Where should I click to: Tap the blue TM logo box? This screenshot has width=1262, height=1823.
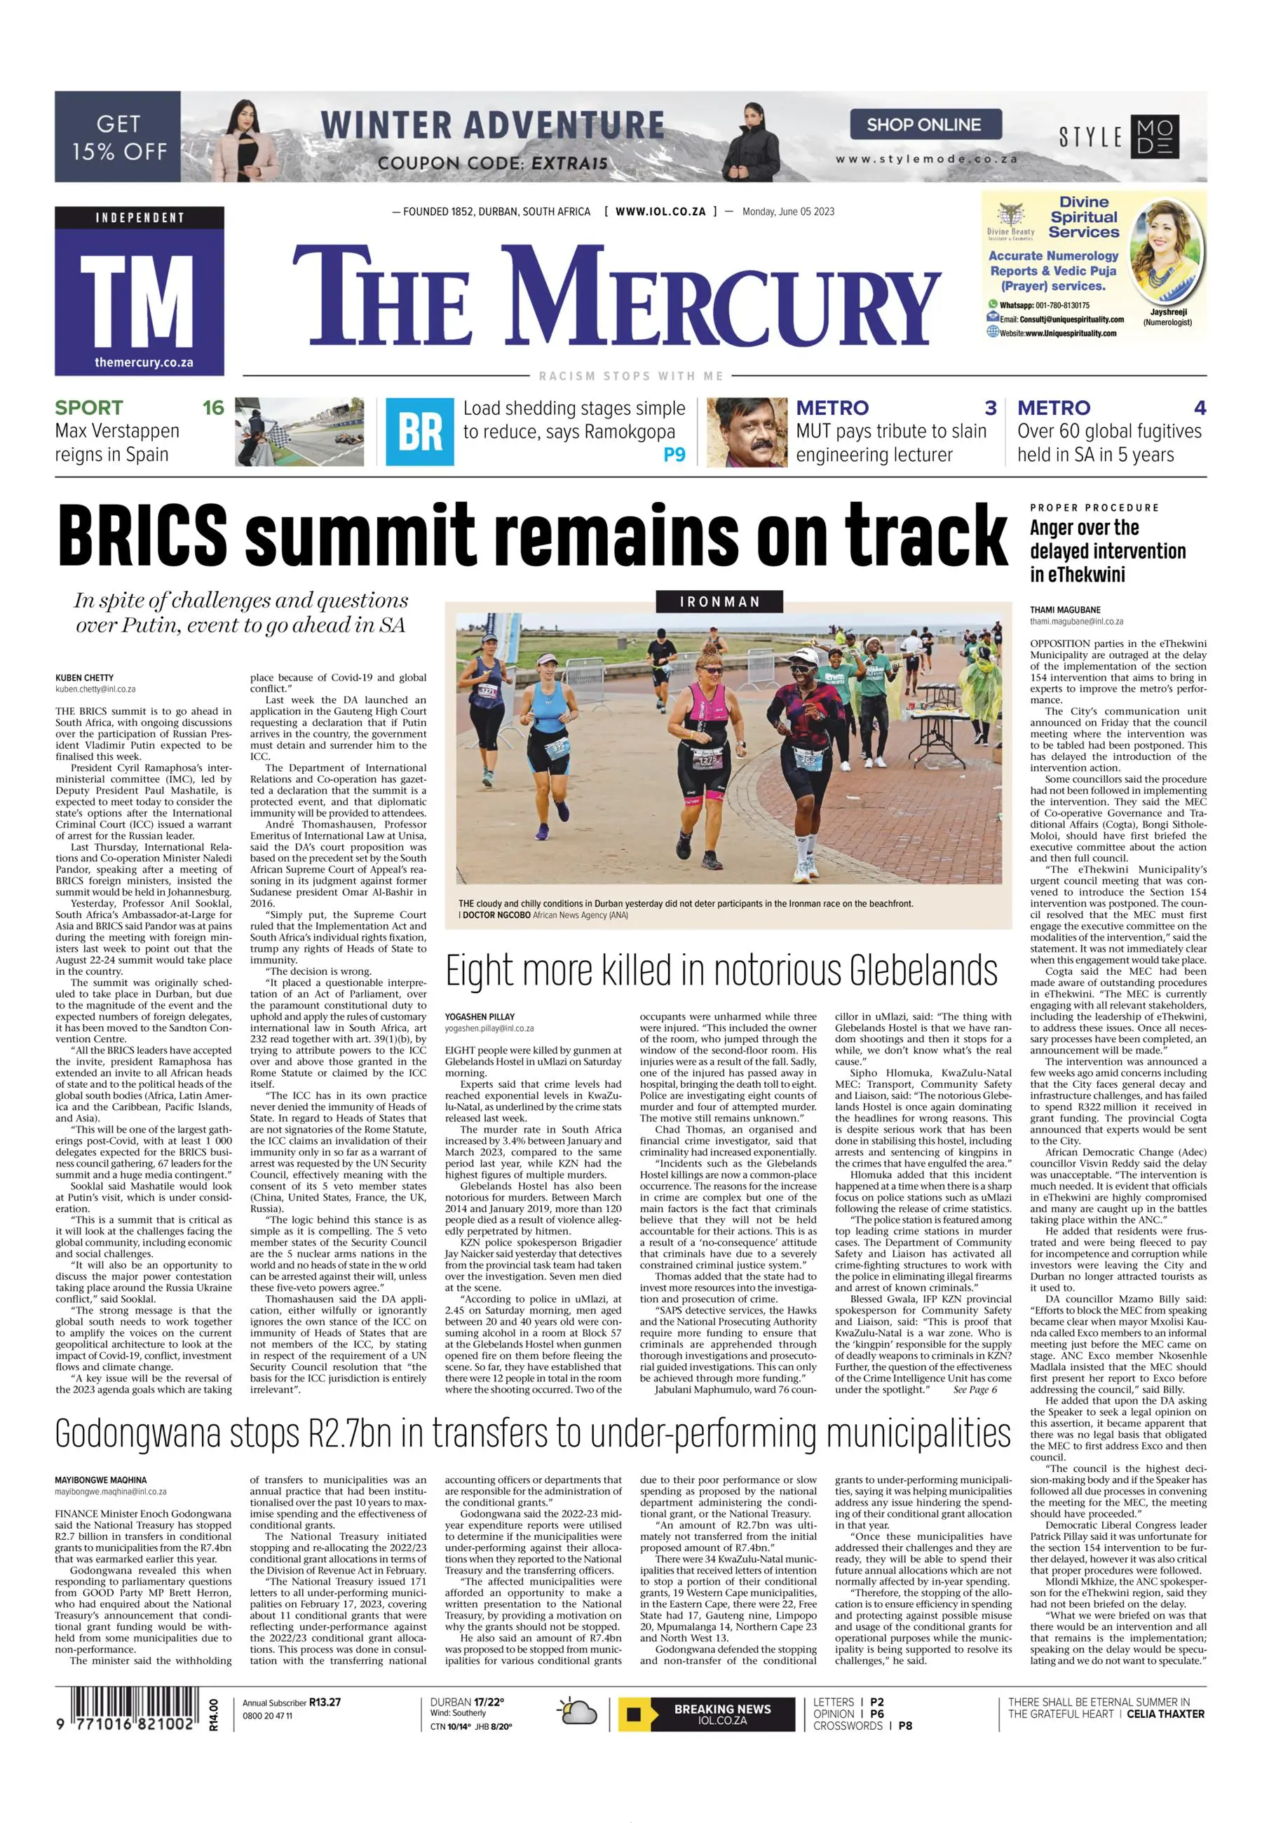[x=139, y=291]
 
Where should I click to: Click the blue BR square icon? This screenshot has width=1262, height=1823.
[x=420, y=432]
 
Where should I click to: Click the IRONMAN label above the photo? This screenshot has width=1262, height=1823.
[x=719, y=601]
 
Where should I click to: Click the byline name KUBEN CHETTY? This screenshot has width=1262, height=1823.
[x=85, y=678]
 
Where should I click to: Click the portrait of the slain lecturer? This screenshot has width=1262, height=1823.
[x=747, y=432]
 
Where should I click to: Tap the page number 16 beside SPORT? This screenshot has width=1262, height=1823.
[x=212, y=408]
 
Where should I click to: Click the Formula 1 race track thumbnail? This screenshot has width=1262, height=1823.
[x=299, y=432]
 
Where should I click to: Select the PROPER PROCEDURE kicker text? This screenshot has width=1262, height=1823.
[x=1094, y=507]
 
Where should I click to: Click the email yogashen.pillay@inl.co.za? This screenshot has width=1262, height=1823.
[x=489, y=1028]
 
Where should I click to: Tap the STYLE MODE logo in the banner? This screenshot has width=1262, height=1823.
[x=1119, y=137]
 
